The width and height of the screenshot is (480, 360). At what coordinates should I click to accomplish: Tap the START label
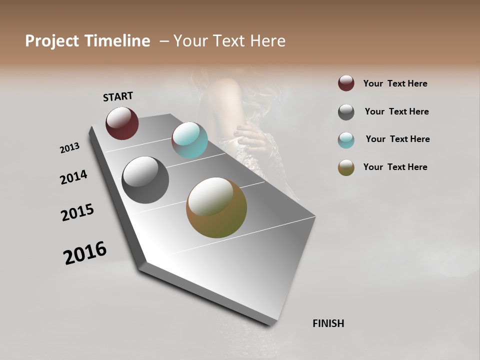point(118,96)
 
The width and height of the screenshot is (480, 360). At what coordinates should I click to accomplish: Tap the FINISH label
point(328,323)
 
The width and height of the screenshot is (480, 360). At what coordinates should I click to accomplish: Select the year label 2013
point(69,148)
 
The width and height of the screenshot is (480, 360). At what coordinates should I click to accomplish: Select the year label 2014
point(73,177)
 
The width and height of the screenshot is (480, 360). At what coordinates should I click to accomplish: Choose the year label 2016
point(85,252)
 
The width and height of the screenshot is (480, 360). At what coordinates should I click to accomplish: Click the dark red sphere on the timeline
point(122,123)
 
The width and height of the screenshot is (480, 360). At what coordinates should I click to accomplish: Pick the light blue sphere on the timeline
point(189,140)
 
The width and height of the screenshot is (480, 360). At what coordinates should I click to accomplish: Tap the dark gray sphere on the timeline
point(145,180)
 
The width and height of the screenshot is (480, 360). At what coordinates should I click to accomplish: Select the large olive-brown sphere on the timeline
point(216,207)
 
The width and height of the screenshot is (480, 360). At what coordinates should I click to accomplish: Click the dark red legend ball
point(346,83)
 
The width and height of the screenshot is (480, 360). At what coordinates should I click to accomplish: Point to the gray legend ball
point(346,112)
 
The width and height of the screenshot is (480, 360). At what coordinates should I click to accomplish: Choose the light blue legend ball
point(346,140)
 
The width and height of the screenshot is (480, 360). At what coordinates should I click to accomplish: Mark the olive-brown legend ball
point(346,168)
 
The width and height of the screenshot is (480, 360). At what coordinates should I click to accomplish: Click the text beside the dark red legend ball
point(395,83)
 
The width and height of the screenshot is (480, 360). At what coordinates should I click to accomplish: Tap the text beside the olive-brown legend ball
point(395,167)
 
